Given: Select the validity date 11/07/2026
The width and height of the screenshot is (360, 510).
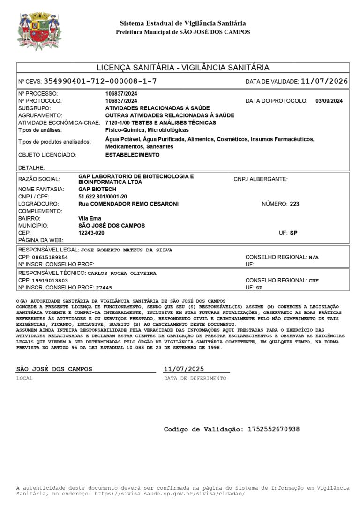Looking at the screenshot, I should pyautogui.click(x=324, y=81).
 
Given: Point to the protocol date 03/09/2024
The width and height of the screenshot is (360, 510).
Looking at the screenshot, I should pyautogui.click(x=329, y=101).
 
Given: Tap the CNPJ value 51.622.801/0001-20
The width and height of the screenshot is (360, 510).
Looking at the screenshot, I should pyautogui.click(x=103, y=197).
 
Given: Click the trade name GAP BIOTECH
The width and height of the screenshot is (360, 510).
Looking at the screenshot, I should pyautogui.click(x=97, y=189).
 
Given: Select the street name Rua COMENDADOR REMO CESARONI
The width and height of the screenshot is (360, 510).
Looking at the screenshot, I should pyautogui.click(x=128, y=204).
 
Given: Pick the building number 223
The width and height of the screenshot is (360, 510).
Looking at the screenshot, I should pyautogui.click(x=294, y=204).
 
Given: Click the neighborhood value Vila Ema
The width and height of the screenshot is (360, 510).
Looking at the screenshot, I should pyautogui.click(x=90, y=218).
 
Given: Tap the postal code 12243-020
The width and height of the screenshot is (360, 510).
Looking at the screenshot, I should pyautogui.click(x=91, y=233).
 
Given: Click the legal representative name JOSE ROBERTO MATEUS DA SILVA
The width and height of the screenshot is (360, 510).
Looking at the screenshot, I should pyautogui.click(x=127, y=250).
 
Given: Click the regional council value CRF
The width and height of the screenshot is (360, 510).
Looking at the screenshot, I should pyautogui.click(x=314, y=280).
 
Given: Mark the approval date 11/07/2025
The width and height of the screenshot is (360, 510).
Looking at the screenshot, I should pyautogui.click(x=184, y=369).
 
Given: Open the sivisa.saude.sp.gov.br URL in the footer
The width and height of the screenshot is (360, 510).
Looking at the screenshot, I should pyautogui.click(x=170, y=494).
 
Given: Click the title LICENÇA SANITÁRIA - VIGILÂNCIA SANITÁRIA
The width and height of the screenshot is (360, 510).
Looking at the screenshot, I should pyautogui.click(x=183, y=68).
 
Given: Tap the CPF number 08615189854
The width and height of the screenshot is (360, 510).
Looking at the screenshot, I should pyautogui.click(x=50, y=257).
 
